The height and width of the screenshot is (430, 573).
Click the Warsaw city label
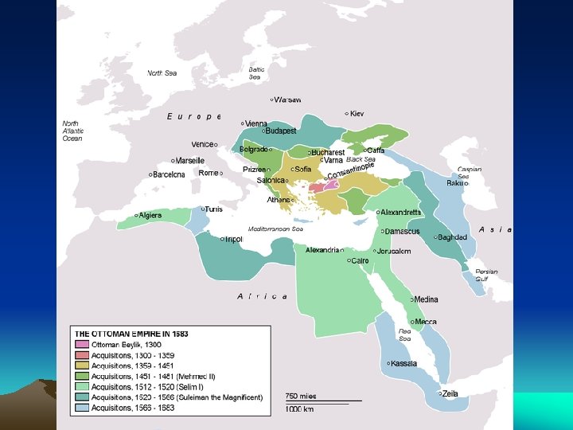[288, 100]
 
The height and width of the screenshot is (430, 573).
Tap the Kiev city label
[356, 114]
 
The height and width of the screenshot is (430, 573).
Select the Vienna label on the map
[256, 124]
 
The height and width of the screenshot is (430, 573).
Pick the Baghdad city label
[451, 237]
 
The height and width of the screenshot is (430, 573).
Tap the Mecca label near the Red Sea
[426, 322]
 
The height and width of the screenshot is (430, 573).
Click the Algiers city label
[151, 215]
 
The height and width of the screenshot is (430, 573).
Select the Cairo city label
[360, 260]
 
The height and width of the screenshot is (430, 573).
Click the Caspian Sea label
[469, 173]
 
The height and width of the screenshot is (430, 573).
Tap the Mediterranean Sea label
[275, 229]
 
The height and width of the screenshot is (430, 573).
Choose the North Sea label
[162, 72]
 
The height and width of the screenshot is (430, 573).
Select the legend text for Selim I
[151, 386]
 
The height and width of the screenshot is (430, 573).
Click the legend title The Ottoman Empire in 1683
[131, 333]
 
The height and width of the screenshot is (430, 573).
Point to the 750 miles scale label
[300, 396]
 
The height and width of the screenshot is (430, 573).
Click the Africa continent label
[263, 296]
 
